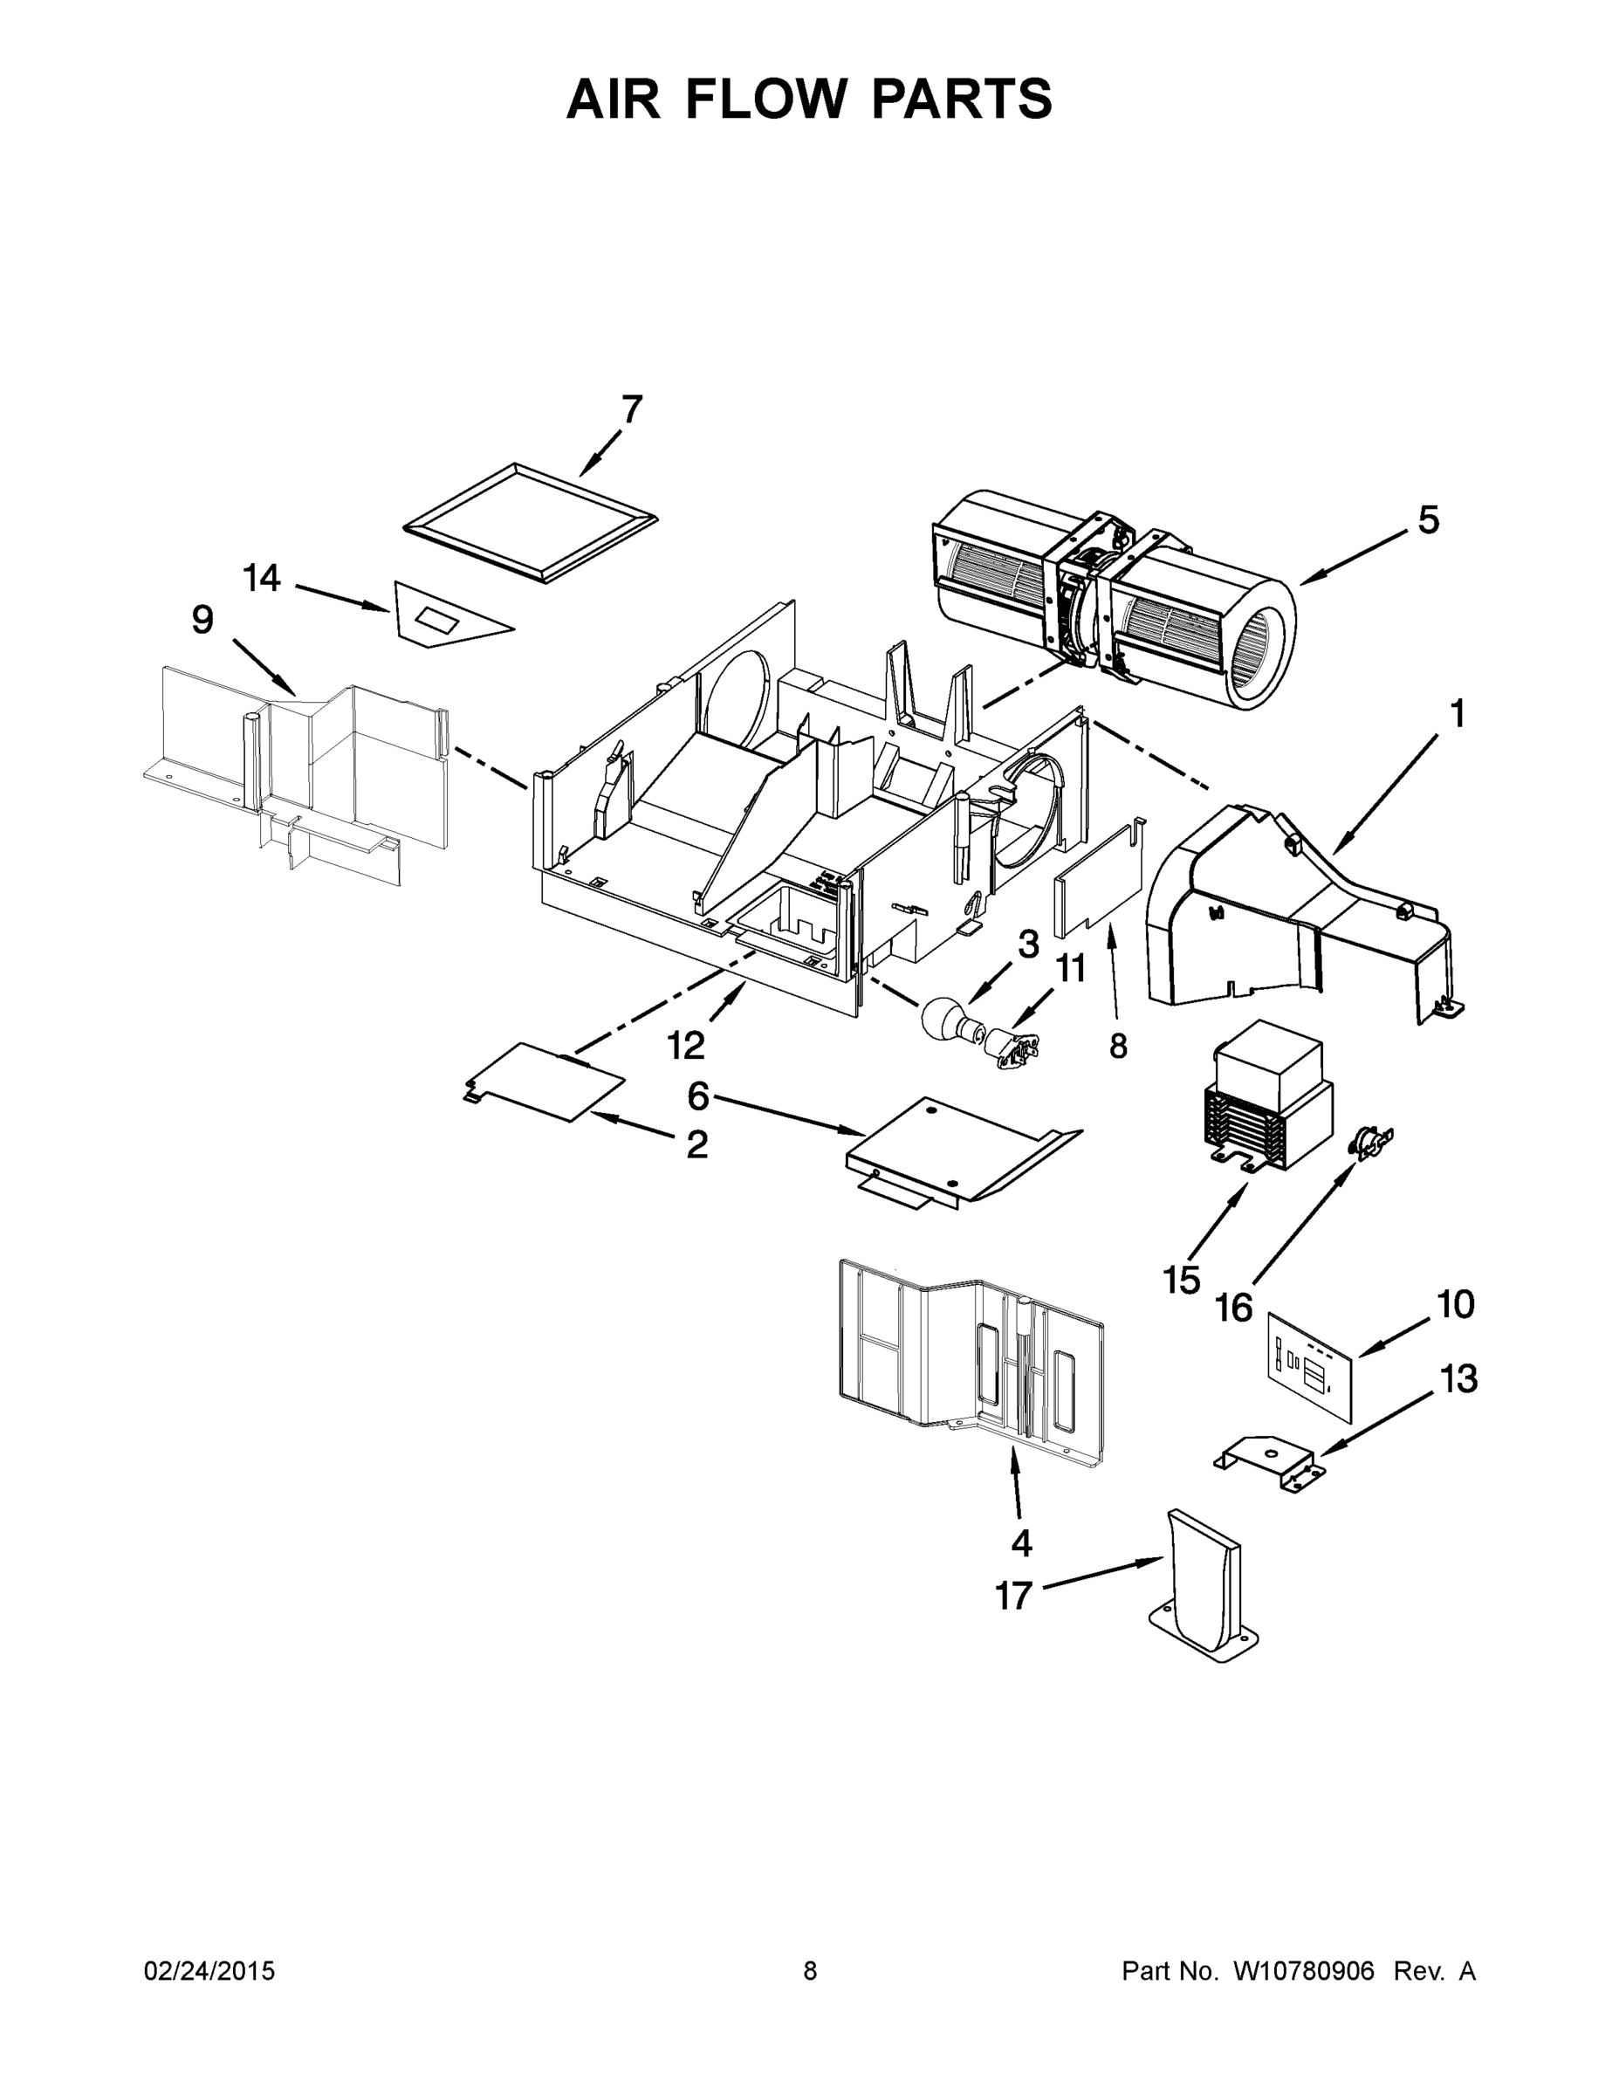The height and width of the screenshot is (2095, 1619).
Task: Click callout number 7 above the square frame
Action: pyautogui.click(x=631, y=409)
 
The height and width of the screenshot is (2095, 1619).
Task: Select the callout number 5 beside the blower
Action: pyautogui.click(x=1428, y=521)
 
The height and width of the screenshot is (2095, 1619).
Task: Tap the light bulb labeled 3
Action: pyautogui.click(x=944, y=1020)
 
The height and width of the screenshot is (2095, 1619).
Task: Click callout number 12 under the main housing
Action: pyautogui.click(x=686, y=1046)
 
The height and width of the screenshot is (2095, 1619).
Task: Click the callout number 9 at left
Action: pyautogui.click(x=202, y=621)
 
